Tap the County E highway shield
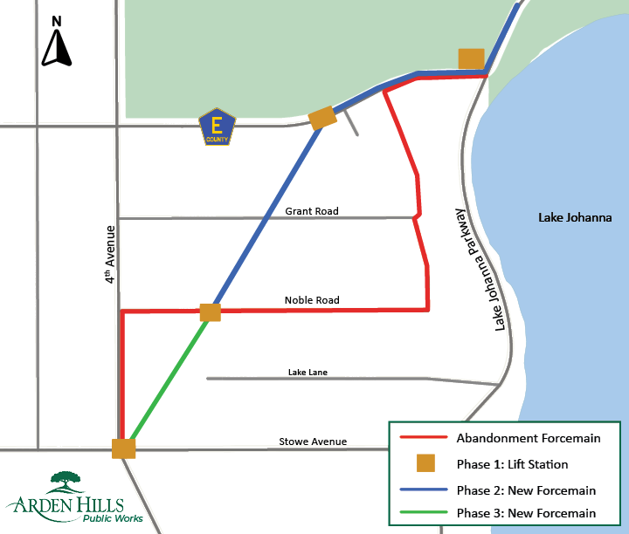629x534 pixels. (x=217, y=127)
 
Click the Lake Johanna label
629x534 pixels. (x=575, y=218)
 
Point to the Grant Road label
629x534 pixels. (x=312, y=211)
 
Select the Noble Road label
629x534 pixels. (x=312, y=300)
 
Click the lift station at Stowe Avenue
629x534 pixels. (x=123, y=448)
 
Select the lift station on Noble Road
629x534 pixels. (x=210, y=312)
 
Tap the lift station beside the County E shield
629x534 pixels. (x=322, y=118)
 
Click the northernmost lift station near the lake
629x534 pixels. (x=471, y=58)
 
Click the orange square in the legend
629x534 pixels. (x=425, y=463)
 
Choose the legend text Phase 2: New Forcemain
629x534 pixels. (x=526, y=489)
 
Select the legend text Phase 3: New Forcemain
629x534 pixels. (x=526, y=513)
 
